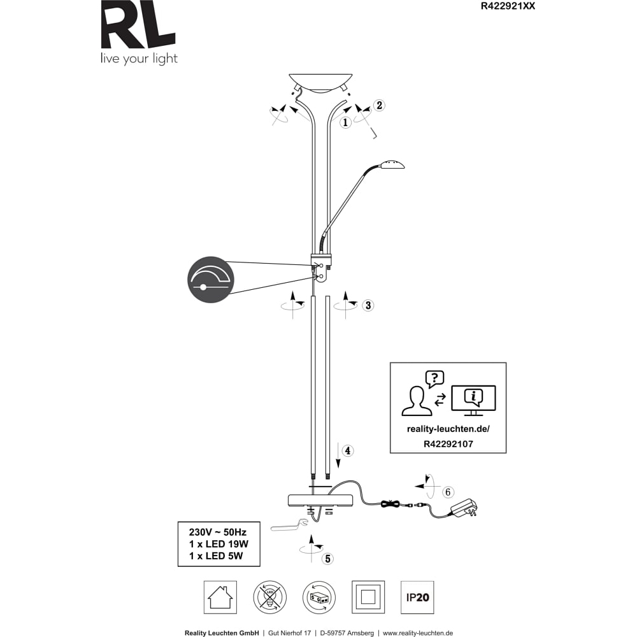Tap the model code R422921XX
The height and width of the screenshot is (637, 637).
coord(508,6)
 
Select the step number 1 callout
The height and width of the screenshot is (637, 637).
coord(345,122)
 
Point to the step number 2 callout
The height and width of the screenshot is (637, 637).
coord(379,105)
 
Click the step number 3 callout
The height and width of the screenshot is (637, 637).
coord(368,305)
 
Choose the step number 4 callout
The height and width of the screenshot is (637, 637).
coord(348,450)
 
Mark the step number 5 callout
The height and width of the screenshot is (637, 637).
coord(327,559)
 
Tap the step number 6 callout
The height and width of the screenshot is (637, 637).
coord(448,492)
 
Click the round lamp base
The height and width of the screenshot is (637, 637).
coord(320,499)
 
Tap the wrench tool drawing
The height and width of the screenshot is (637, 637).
coord(289,525)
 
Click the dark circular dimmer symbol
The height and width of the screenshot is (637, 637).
coord(211,280)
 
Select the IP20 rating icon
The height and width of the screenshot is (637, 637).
coord(417,598)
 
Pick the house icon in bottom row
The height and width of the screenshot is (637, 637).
coord(220,598)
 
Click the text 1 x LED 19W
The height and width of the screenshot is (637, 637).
coord(218,544)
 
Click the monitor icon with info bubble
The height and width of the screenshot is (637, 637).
coord(474,400)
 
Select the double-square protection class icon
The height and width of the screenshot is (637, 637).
coord(368,598)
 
